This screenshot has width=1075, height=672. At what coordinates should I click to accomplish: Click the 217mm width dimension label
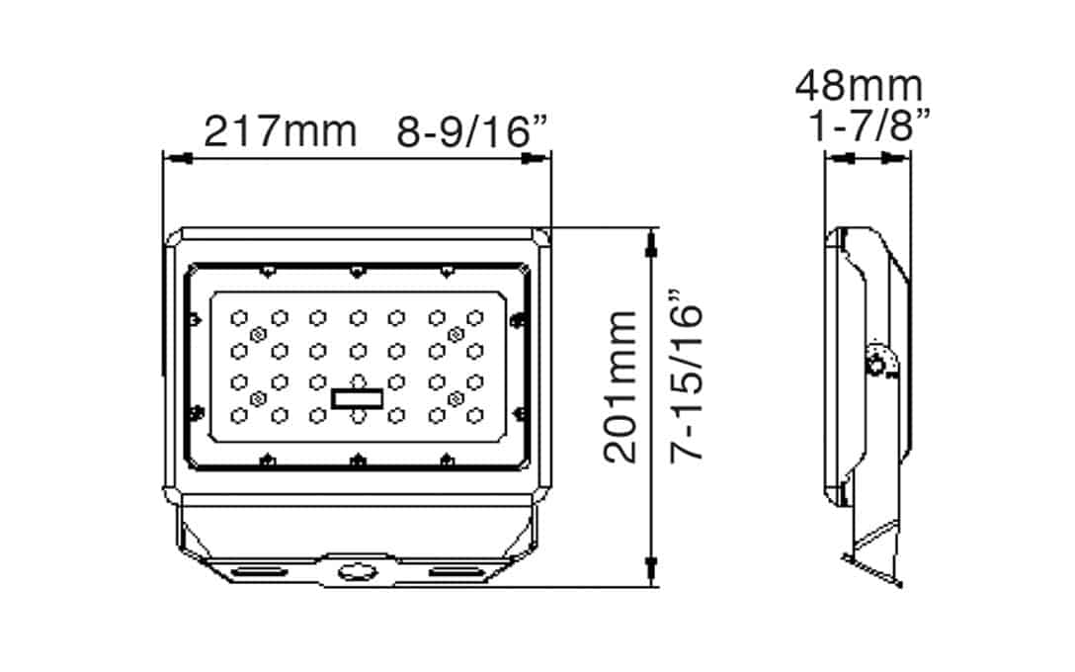(280, 130)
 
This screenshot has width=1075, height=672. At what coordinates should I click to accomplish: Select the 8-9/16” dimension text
(473, 130)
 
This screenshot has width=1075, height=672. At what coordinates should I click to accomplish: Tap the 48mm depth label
(859, 86)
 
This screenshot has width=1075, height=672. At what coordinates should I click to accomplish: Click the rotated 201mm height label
(621, 386)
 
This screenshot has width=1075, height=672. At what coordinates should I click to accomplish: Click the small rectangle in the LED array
(357, 397)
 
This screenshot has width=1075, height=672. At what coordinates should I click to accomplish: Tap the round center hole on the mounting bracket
(353, 570)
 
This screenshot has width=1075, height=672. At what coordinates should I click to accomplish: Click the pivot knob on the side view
(875, 363)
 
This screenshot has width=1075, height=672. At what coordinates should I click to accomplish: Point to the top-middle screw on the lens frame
(356, 269)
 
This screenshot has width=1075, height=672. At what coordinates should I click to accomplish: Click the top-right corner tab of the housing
(540, 238)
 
